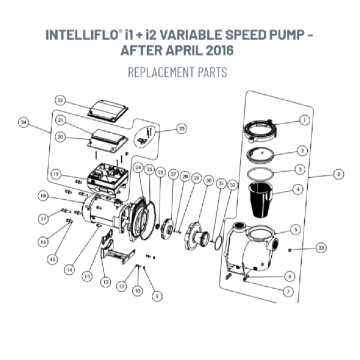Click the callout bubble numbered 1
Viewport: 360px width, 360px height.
(304, 120)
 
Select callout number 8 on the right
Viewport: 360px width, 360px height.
(340, 174)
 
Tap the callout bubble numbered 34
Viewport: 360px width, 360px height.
(23, 122)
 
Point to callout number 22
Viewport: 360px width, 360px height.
(61, 100)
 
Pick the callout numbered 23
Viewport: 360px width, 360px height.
(181, 128)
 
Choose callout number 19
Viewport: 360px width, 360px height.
(55, 174)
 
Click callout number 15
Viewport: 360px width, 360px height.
(52, 259)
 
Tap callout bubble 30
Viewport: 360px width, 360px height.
(208, 180)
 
